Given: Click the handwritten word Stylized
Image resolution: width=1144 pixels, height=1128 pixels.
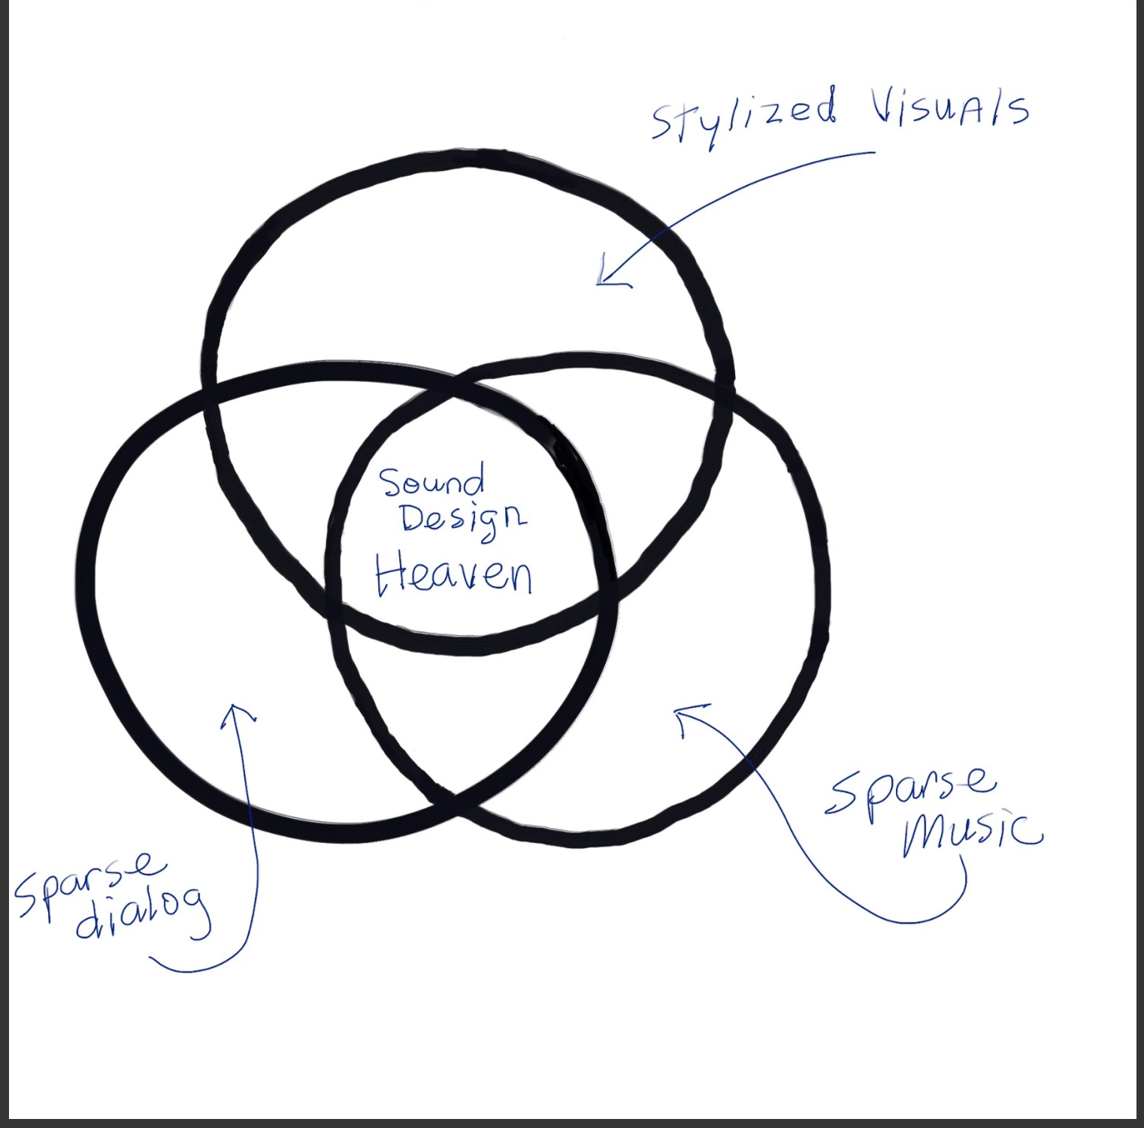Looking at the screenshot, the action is [x=743, y=117].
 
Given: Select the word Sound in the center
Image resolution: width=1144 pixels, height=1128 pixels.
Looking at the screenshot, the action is [x=431, y=481].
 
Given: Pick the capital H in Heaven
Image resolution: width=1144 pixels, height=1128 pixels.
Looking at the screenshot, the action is [x=391, y=575].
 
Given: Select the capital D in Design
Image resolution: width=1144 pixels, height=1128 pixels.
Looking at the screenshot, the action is [x=415, y=518].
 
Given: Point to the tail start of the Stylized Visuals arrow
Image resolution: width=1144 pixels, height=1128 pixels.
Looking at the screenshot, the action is [x=875, y=153].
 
